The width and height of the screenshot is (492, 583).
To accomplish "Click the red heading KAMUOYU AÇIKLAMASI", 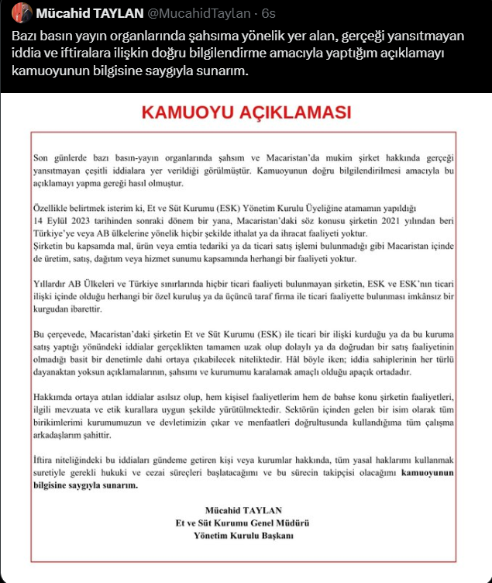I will click(x=246, y=113).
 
